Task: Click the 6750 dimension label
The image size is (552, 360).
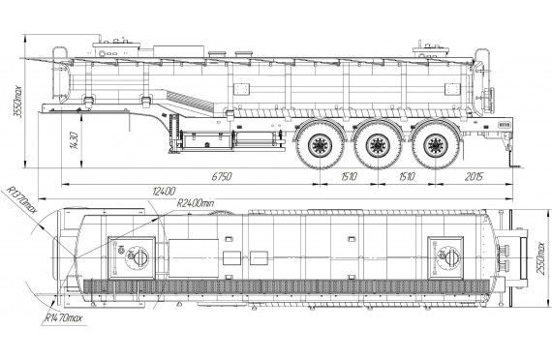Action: click(222, 176)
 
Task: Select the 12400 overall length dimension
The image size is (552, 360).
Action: click(164, 192)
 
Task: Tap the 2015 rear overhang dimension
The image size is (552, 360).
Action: click(475, 176)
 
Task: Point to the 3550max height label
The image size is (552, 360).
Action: click(17, 102)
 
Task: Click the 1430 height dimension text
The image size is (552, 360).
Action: click(75, 140)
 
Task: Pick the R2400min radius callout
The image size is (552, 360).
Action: click(195, 203)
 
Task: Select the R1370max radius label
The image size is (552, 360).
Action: click(22, 200)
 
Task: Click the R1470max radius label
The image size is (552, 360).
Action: click(63, 317)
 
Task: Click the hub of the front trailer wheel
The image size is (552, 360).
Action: click(320, 145)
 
